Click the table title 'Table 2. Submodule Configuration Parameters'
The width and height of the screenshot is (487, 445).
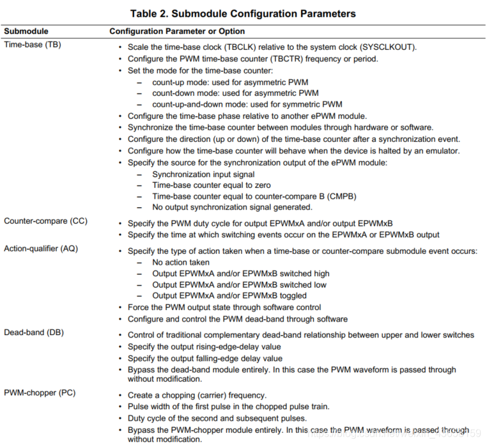click(x=243, y=13)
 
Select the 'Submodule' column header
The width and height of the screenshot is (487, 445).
click(x=26, y=31)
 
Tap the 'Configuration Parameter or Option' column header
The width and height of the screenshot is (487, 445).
click(x=177, y=31)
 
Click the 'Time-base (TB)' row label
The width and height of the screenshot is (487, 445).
click(x=33, y=45)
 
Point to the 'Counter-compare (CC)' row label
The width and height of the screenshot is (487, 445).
click(x=45, y=221)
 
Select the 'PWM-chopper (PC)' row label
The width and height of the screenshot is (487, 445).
click(x=40, y=392)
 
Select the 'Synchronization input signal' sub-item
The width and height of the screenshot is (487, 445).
click(x=203, y=174)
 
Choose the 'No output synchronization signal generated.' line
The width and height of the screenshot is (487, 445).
click(x=232, y=207)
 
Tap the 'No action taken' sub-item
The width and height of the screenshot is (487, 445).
click(x=180, y=263)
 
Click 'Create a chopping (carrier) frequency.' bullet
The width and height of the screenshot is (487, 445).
click(x=197, y=395)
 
